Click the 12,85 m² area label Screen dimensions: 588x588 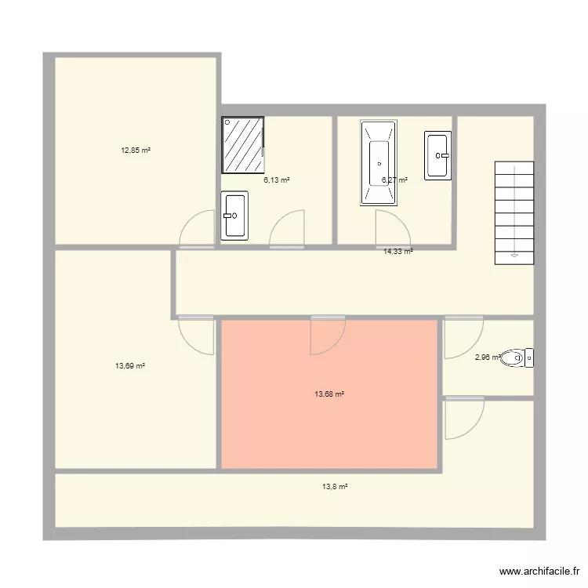136,151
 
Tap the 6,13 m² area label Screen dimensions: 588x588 277,180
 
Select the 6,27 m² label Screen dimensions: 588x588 394,180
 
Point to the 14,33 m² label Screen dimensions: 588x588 398,251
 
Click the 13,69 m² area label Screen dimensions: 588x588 130,365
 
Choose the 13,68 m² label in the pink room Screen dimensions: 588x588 329,394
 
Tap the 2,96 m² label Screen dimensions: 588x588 488,358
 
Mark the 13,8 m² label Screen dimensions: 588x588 334,486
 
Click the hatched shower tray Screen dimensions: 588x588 244,145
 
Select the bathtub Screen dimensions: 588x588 379,163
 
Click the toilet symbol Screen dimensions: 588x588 518,358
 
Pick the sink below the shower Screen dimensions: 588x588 234,215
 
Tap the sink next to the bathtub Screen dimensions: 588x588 437,154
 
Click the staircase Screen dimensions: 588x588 514,212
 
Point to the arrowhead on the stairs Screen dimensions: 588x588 514,254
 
